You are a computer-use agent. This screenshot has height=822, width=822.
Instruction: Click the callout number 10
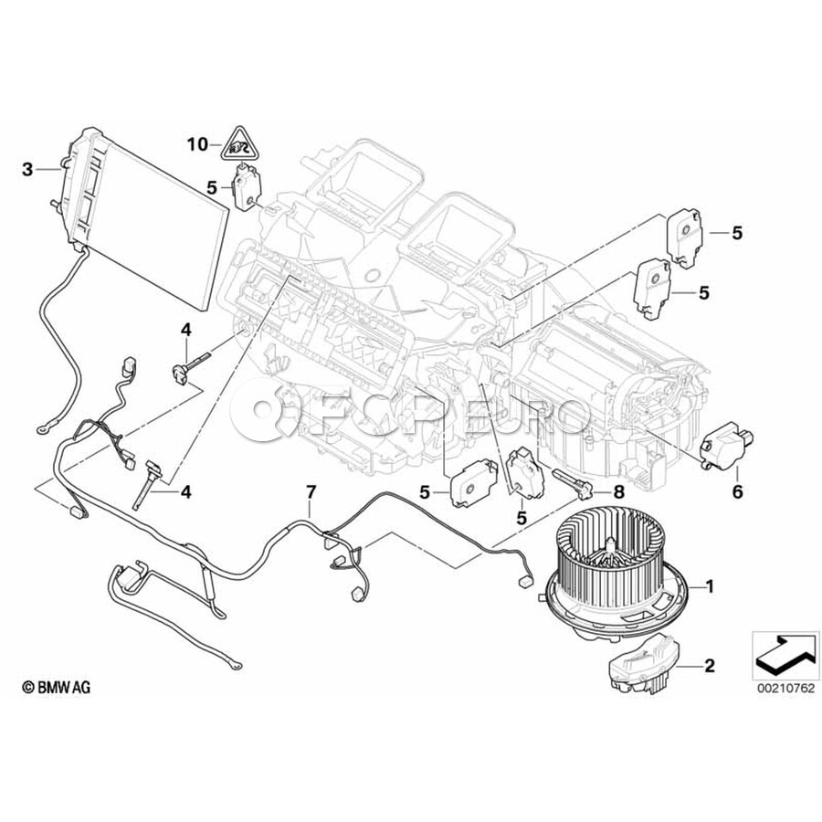coord(197,144)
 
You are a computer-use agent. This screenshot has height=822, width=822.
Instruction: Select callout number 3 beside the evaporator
coord(27,169)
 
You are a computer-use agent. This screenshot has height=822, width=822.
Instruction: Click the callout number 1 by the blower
coord(710,586)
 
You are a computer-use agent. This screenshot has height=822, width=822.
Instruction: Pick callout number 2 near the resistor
coord(710,666)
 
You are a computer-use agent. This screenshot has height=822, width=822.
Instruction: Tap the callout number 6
coord(737,491)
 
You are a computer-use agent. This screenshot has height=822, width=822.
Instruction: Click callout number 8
coord(619,491)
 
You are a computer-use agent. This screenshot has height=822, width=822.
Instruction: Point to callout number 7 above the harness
coord(311,491)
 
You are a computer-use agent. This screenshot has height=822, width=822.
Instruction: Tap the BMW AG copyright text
coord(56,687)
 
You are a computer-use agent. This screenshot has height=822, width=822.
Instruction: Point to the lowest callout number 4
coord(185,491)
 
